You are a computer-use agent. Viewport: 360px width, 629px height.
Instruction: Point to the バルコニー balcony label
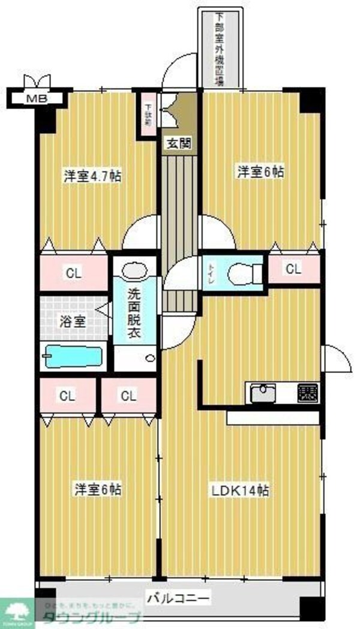(x=179, y=598)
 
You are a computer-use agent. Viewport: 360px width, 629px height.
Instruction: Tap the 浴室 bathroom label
(x=72, y=321)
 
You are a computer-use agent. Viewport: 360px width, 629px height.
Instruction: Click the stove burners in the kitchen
(x=307, y=393)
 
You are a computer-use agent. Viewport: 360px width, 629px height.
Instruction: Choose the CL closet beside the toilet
(x=292, y=269)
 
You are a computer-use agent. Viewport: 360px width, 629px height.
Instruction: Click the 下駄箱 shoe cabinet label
(x=148, y=114)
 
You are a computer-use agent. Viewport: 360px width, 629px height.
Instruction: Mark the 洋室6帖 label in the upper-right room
(x=260, y=172)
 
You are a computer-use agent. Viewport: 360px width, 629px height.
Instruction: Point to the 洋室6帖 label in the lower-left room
(x=97, y=489)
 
